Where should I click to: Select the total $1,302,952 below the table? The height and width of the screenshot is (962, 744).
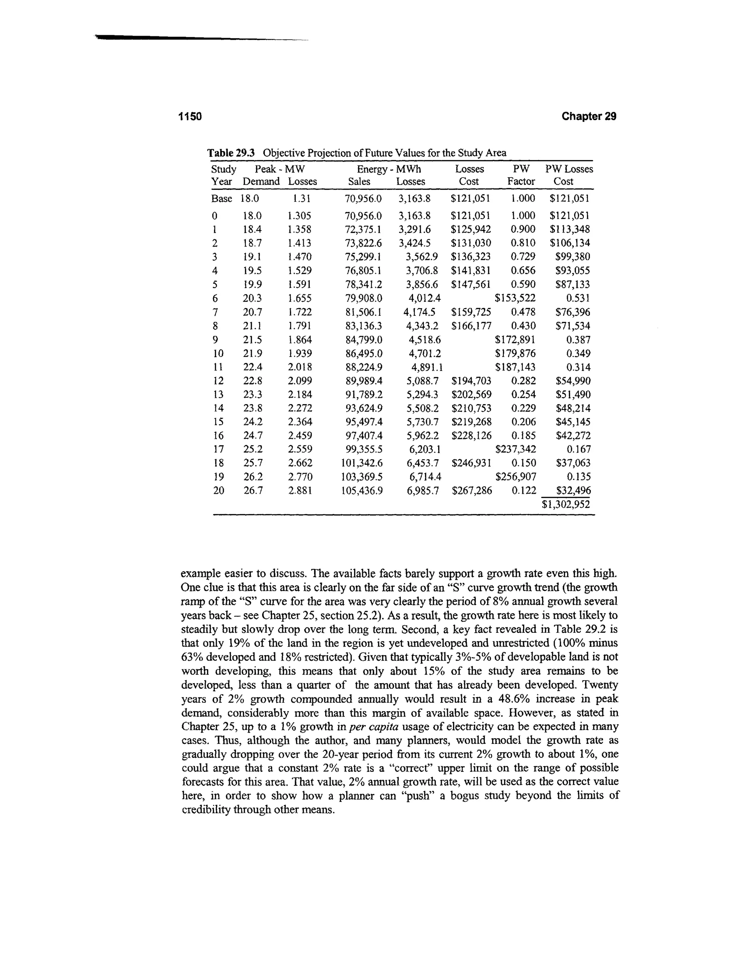pos(566,504)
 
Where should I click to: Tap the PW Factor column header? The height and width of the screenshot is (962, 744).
pos(521,175)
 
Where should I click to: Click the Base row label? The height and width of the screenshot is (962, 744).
pos(221,199)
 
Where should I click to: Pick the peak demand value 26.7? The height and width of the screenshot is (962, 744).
pos(253,490)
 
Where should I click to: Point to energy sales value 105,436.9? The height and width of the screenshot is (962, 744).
pos(362,490)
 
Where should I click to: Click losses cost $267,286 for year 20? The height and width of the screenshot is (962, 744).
pos(472,490)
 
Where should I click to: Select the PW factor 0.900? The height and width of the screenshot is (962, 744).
pos(523,229)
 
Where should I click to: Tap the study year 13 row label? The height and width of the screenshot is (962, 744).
pos(218,394)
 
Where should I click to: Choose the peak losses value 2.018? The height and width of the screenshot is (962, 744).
pos(300,367)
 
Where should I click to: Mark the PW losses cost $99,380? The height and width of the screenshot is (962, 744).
pos(573,257)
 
